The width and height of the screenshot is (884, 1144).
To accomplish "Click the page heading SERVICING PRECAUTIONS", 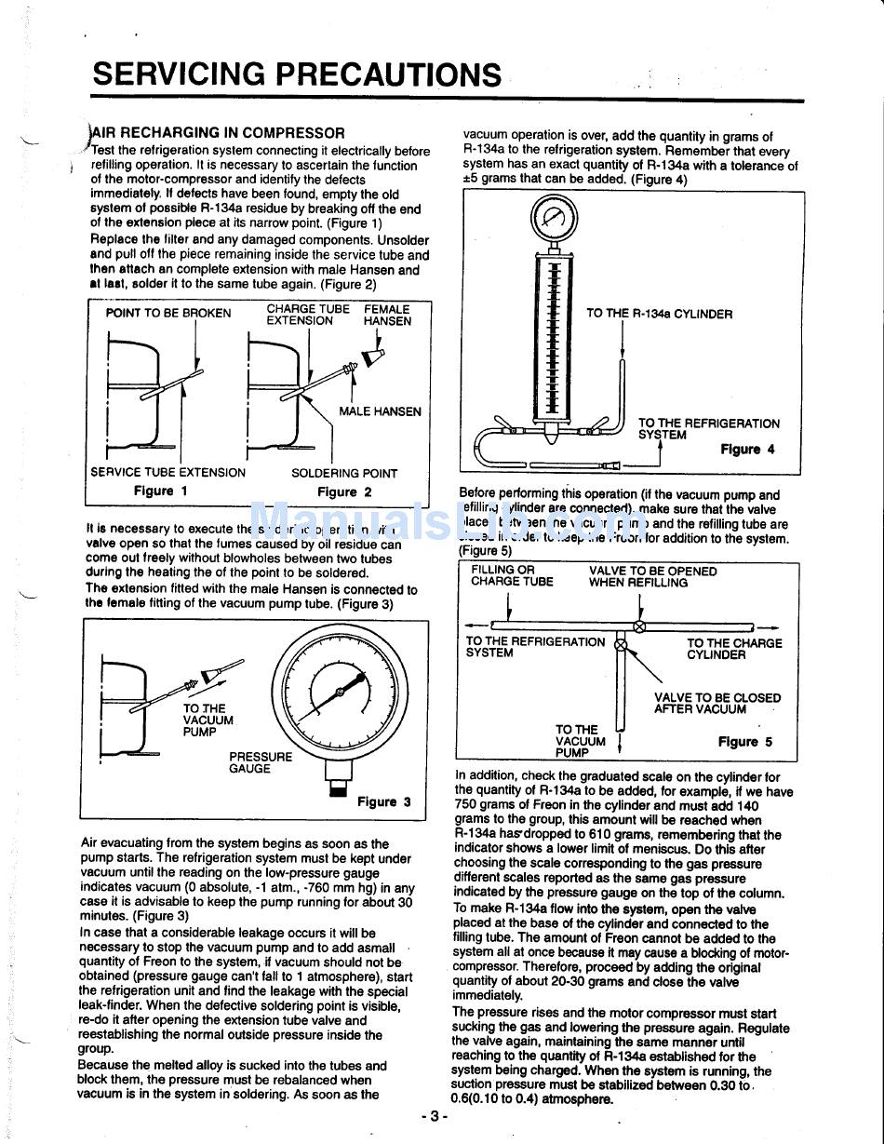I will [x=297, y=74].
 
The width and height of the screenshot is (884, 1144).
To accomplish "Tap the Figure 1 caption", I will [x=160, y=491].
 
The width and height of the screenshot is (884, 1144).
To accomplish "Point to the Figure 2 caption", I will [x=344, y=491].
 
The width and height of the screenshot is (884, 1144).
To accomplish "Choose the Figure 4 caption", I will [x=746, y=449].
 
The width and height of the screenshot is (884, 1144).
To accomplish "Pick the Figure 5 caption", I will [x=744, y=742].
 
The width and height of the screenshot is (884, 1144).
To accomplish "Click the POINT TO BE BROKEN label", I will [x=168, y=313].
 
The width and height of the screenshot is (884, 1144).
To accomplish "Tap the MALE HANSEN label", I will [x=380, y=411].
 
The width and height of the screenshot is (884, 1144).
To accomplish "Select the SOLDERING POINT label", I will [x=343, y=473].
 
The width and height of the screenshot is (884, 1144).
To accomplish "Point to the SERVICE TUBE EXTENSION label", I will [x=168, y=472].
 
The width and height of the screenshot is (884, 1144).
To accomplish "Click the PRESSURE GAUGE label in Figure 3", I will [x=260, y=762].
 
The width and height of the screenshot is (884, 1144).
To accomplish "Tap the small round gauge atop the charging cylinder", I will [x=554, y=220].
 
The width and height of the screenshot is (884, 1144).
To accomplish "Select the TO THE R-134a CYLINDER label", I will [x=659, y=314].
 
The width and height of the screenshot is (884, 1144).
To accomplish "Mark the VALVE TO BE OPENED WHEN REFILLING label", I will [x=652, y=577].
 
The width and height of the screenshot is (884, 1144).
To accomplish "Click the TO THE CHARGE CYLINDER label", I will [x=734, y=649].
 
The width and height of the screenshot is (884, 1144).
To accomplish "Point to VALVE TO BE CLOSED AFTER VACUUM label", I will [x=717, y=703].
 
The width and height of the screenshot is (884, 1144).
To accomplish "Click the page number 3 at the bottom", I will [x=434, y=1115].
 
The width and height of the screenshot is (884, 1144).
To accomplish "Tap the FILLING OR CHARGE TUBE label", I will [x=512, y=576].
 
